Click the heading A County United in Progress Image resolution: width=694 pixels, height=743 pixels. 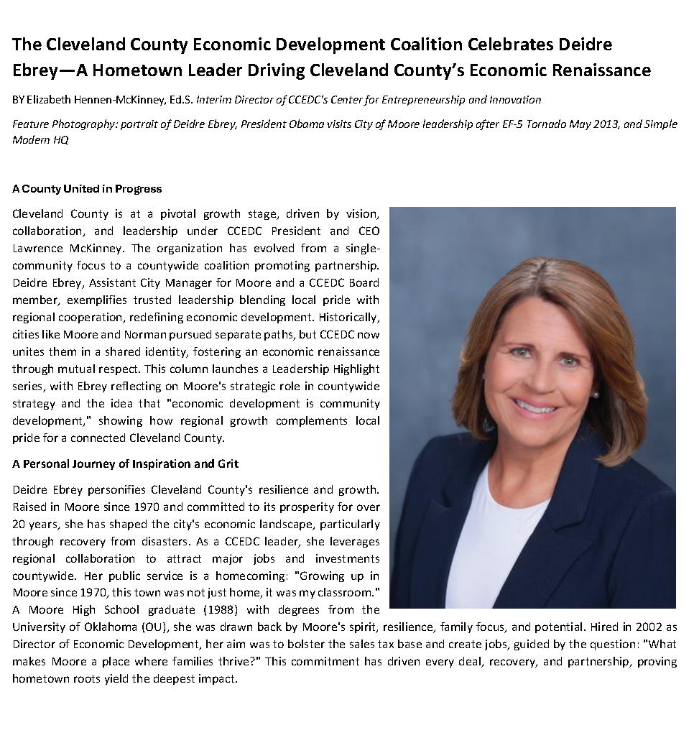[x=87, y=189]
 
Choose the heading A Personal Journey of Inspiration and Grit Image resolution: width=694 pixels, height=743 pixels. [x=125, y=463]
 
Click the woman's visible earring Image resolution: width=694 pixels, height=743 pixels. [x=596, y=394]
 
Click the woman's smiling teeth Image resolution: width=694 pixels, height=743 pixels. [x=535, y=405]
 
